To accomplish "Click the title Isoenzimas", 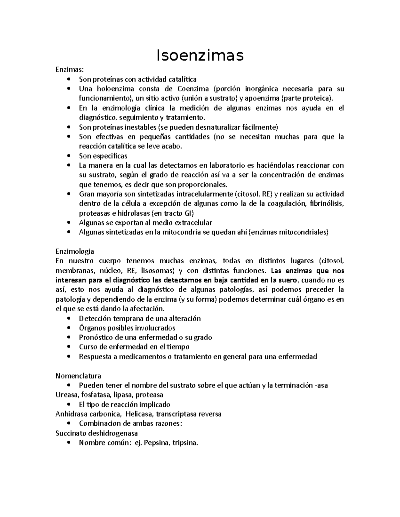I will point(200,56).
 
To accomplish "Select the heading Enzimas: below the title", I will point(65,70).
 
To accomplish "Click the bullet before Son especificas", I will point(69,156).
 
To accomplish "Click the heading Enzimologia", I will point(75,251).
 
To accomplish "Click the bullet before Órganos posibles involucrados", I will point(69,328).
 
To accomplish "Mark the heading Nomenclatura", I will point(78,376).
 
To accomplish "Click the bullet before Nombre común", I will point(69,443).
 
